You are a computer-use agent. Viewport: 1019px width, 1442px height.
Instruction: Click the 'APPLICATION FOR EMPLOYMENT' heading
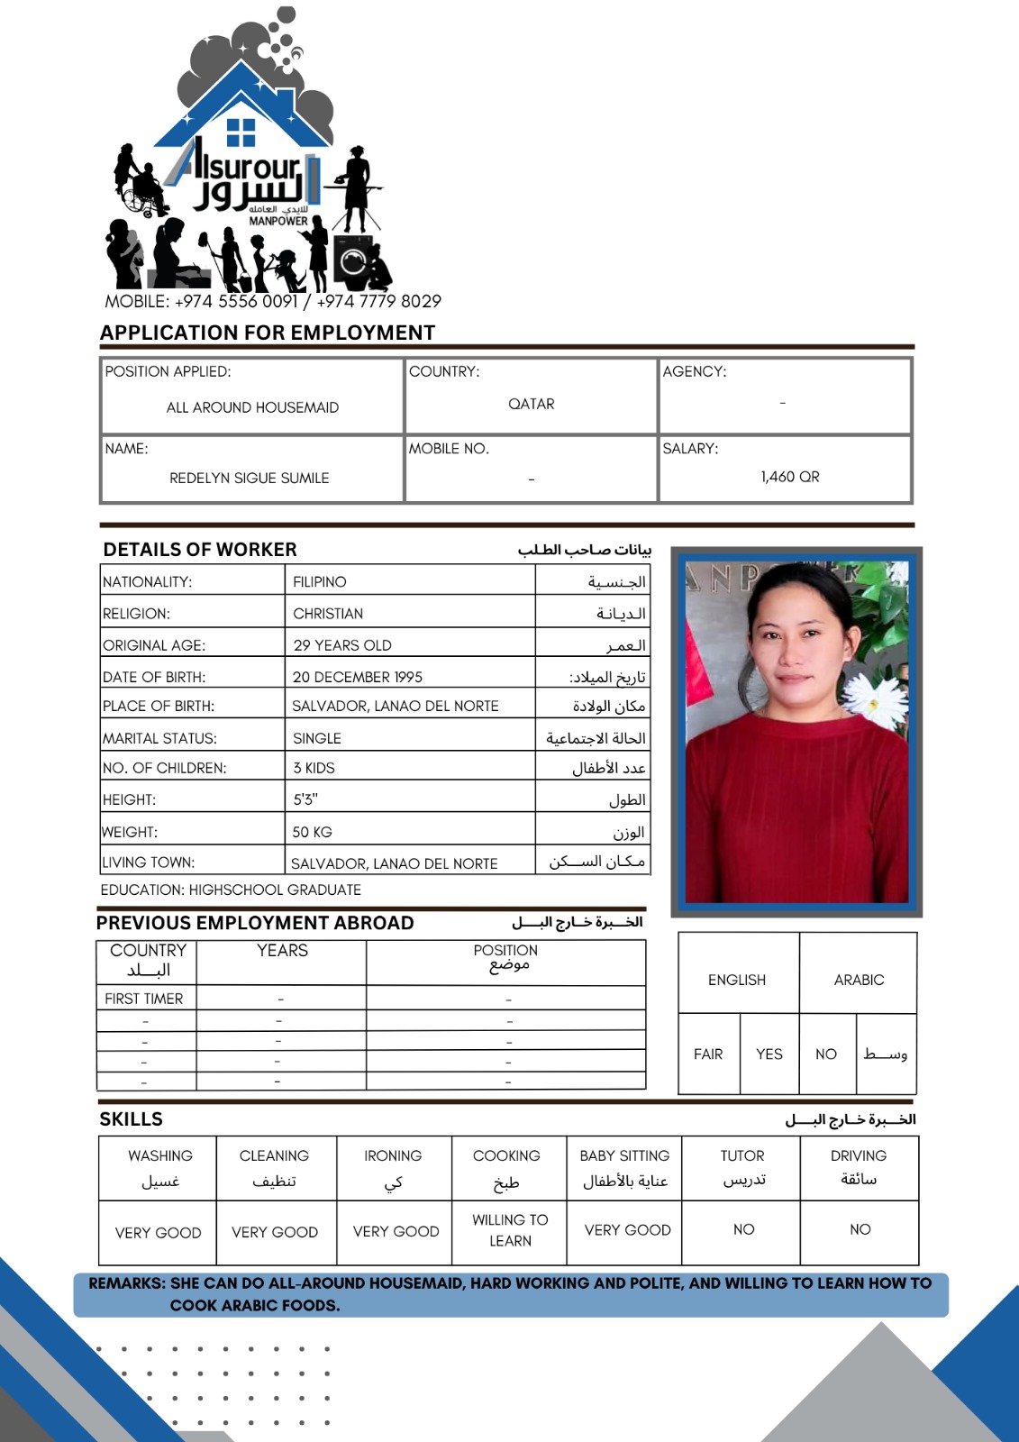(x=268, y=333)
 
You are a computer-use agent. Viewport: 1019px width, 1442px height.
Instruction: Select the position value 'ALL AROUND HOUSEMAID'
(x=252, y=407)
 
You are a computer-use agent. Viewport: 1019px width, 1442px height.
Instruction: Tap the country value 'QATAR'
(x=532, y=404)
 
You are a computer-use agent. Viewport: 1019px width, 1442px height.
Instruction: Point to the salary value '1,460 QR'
(x=790, y=477)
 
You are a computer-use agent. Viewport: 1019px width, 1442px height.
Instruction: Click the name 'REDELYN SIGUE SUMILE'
(x=250, y=478)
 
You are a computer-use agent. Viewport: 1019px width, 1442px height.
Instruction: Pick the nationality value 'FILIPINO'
(x=320, y=582)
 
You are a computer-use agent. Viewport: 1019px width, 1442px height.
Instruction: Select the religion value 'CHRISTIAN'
(x=328, y=614)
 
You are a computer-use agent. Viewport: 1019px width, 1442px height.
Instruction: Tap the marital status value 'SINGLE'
(x=317, y=738)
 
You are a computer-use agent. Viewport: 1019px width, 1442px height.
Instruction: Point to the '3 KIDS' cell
(x=314, y=768)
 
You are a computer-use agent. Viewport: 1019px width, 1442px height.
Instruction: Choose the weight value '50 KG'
(x=313, y=832)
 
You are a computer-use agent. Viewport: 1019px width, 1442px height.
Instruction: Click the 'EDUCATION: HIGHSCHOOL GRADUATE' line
(x=231, y=890)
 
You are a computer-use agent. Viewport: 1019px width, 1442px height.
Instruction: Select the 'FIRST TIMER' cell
(x=144, y=999)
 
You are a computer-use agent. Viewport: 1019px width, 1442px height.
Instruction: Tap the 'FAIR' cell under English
(x=708, y=1054)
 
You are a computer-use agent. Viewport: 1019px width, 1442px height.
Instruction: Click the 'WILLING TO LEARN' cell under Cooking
(x=510, y=1230)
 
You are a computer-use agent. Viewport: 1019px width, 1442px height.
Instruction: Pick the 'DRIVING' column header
(x=859, y=1155)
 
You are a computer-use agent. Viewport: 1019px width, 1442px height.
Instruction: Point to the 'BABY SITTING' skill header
(x=624, y=1155)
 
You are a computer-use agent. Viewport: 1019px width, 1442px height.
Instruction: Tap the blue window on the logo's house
(x=241, y=132)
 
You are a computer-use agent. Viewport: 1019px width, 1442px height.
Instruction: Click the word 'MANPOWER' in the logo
(x=278, y=221)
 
